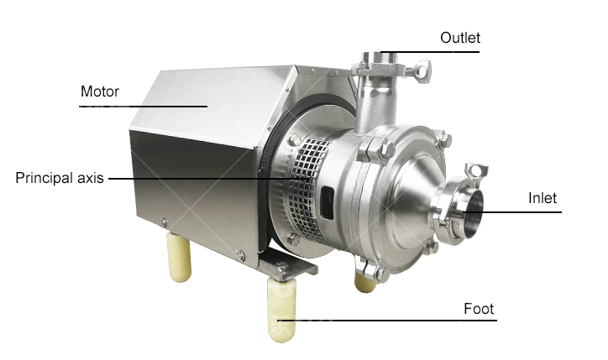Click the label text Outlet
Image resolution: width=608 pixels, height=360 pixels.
[x=460, y=38]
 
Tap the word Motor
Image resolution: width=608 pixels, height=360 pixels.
[x=100, y=91]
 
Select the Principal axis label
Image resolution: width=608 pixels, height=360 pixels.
[x=59, y=178]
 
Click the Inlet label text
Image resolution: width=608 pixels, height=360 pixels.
[x=542, y=199]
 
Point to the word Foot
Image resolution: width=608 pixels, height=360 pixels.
[x=479, y=309]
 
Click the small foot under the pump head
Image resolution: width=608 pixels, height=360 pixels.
[x=364, y=281]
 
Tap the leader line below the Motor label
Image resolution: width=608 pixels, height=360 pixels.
[x=143, y=106]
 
